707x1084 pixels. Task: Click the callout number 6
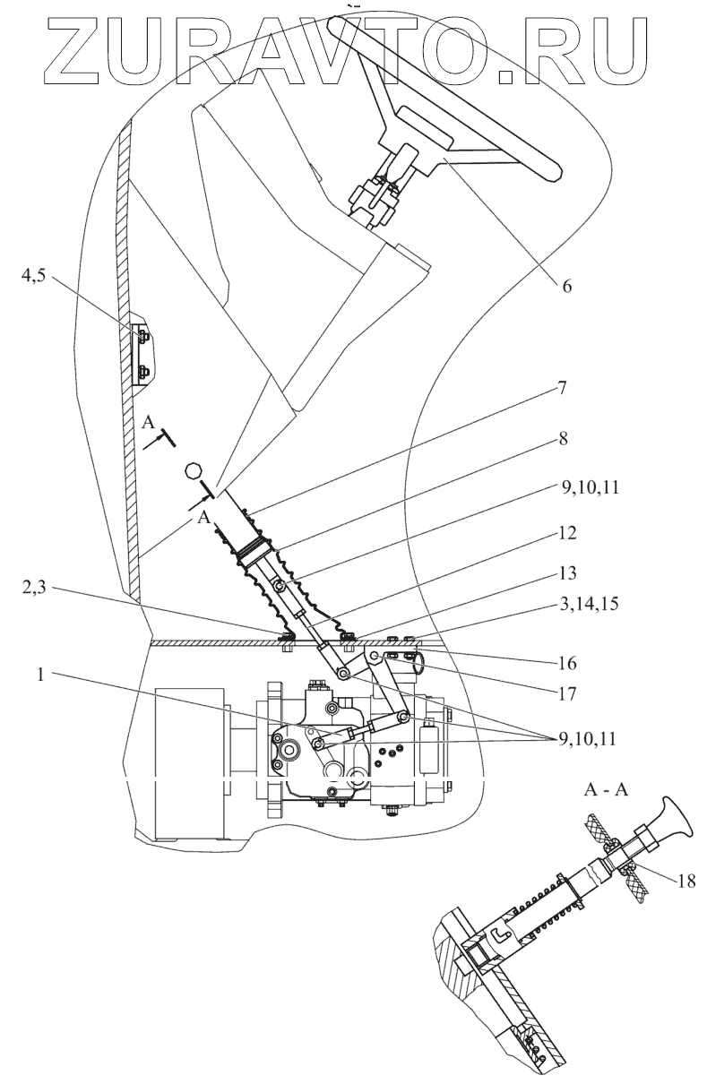click(x=566, y=286)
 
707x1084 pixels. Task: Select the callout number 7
click(x=561, y=389)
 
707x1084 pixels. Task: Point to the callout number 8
click(x=563, y=439)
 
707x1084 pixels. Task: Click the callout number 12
click(x=565, y=533)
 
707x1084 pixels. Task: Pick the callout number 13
click(x=566, y=573)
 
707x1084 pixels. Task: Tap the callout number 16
click(x=566, y=663)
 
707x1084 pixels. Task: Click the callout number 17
click(x=566, y=694)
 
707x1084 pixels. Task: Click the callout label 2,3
click(x=34, y=589)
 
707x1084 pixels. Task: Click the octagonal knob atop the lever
click(x=193, y=470)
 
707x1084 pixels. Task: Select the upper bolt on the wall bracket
click(x=143, y=335)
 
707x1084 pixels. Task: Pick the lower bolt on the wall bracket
click(x=143, y=372)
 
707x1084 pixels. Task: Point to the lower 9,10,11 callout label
click(x=587, y=739)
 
